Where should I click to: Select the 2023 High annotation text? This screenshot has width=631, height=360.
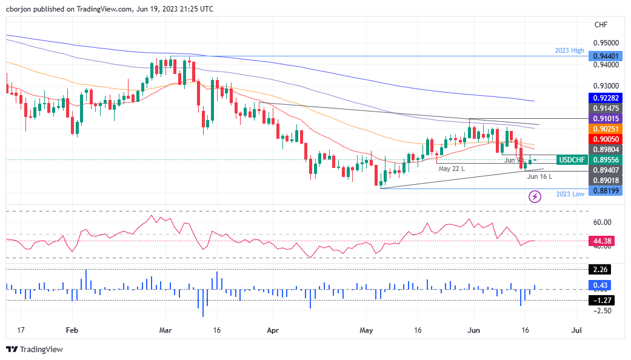[569, 51]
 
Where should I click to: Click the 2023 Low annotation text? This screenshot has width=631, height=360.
[569, 194]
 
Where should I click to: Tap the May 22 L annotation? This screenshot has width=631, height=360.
[452, 168]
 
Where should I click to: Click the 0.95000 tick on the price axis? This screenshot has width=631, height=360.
[606, 43]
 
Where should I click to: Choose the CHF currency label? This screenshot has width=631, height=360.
[601, 25]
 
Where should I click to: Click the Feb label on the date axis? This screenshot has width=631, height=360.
[72, 330]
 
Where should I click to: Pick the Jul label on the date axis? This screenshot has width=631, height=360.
[576, 330]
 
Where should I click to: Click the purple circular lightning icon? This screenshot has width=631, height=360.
[535, 196]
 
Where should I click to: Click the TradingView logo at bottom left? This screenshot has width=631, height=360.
[35, 349]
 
